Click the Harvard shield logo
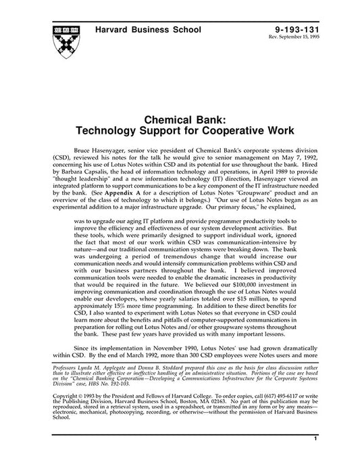(63, 43)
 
